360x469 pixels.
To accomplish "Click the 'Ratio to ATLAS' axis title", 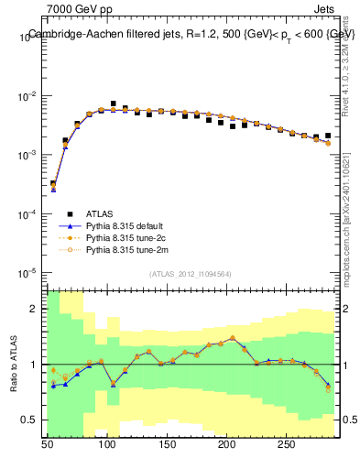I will tap(13, 364).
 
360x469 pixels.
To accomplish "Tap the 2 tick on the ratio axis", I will tap(35, 309).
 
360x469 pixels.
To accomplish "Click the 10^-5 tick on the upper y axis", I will tap(26, 272).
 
